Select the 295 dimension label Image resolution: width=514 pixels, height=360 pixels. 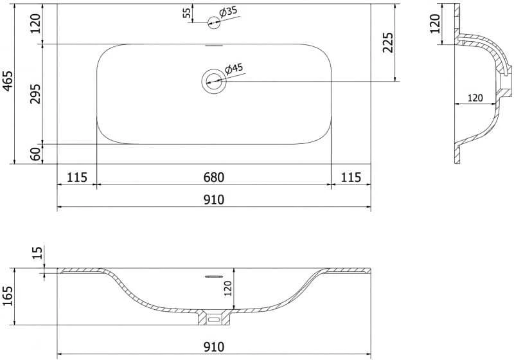click(x=35, y=94)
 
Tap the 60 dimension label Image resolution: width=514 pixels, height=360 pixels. click(x=35, y=154)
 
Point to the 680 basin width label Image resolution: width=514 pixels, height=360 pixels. click(x=214, y=177)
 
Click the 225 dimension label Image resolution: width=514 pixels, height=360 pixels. click(x=388, y=42)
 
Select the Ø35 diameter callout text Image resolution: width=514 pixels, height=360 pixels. click(x=228, y=12)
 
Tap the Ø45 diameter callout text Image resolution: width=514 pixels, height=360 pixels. click(x=234, y=69)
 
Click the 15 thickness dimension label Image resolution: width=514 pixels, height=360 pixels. click(x=38, y=253)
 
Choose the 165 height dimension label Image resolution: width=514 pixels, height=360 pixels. click(x=7, y=296)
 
